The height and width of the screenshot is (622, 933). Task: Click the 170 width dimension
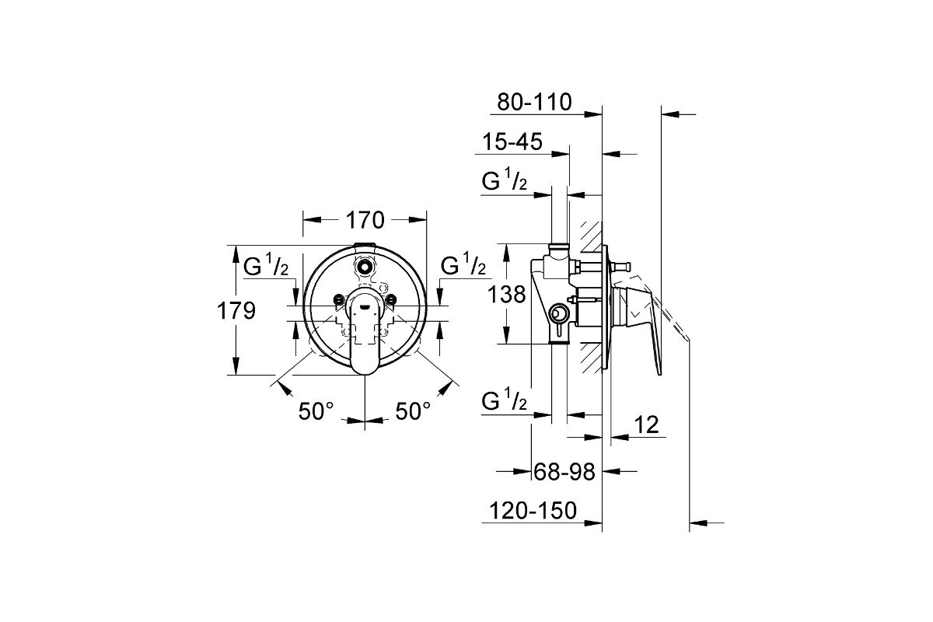(x=365, y=220)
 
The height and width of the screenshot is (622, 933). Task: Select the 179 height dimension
(x=236, y=311)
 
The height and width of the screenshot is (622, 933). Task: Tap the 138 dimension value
(x=506, y=295)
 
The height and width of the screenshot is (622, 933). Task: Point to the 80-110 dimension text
(x=534, y=102)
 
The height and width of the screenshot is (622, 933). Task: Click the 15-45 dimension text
(x=512, y=142)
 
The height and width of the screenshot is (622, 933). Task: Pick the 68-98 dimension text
(x=564, y=472)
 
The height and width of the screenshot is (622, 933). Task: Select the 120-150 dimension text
(x=533, y=511)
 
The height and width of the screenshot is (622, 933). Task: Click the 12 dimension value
(x=646, y=425)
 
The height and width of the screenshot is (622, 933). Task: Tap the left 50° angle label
(x=316, y=411)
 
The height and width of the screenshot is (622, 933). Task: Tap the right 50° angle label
(x=413, y=411)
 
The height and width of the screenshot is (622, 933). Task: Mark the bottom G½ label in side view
(x=504, y=399)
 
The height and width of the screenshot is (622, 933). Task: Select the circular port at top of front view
(x=365, y=265)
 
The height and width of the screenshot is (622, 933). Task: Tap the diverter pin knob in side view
(x=626, y=265)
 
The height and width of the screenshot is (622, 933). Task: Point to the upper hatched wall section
(x=591, y=236)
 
